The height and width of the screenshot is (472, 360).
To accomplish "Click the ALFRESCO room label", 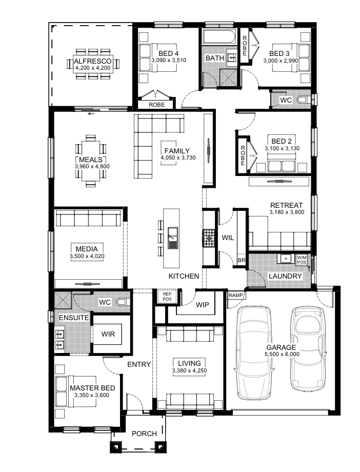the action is pyautogui.click(x=93, y=61).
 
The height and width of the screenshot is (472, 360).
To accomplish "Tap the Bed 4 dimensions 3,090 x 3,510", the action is pyautogui.click(x=169, y=60).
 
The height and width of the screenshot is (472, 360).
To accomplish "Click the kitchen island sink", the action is pyautogui.click(x=173, y=238).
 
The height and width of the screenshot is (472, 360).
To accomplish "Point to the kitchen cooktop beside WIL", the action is pyautogui.click(x=208, y=238).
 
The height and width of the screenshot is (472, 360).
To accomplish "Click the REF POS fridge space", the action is pyautogui.click(x=167, y=296).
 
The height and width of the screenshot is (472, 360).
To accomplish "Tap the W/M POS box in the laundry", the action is pyautogui.click(x=302, y=260).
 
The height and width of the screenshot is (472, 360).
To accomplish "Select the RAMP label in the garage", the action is pyautogui.click(x=235, y=296).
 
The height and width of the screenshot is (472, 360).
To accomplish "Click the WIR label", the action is pyautogui.click(x=108, y=334).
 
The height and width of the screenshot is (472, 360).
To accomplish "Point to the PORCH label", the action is pyautogui.click(x=144, y=434).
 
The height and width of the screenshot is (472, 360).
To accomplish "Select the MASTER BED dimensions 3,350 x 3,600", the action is pyautogui.click(x=92, y=395).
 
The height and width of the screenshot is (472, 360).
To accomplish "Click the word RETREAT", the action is pyautogui.click(x=286, y=205).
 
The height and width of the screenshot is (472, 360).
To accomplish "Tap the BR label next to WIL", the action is pyautogui.click(x=242, y=261).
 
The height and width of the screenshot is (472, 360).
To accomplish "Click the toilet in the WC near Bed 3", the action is pyautogui.click(x=303, y=100).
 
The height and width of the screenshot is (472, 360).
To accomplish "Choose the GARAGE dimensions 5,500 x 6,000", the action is pyautogui.click(x=282, y=355).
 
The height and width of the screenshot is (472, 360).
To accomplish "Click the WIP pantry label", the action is pyautogui.click(x=202, y=305).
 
